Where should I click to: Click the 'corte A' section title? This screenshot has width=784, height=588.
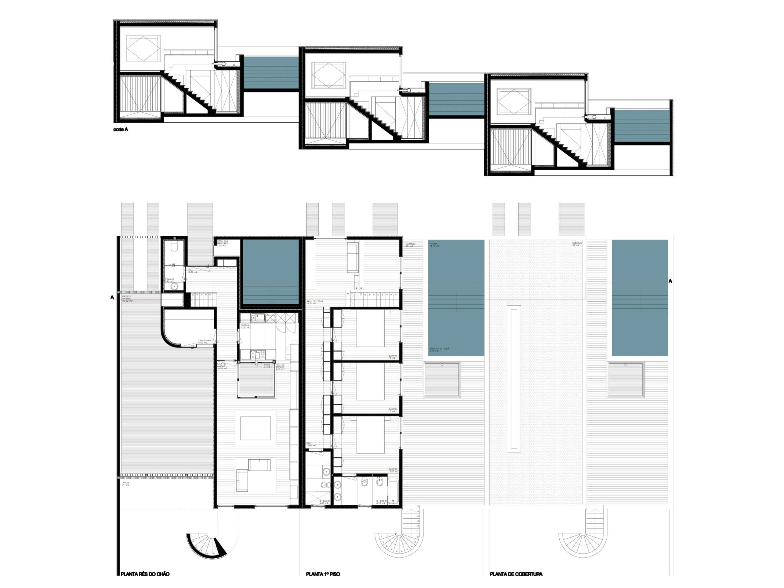(121, 130)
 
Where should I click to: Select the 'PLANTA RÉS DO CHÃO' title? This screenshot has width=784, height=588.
(145, 574)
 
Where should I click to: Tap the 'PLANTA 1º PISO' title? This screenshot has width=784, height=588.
(323, 574)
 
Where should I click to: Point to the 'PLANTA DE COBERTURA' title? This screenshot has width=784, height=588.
(516, 574)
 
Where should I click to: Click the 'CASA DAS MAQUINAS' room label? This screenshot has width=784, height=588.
(225, 243)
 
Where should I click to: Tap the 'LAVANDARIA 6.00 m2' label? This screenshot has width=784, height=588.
(205, 341)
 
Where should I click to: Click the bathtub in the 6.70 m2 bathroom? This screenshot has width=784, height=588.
(393, 491)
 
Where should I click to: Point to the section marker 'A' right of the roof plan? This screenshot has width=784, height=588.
(670, 281)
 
